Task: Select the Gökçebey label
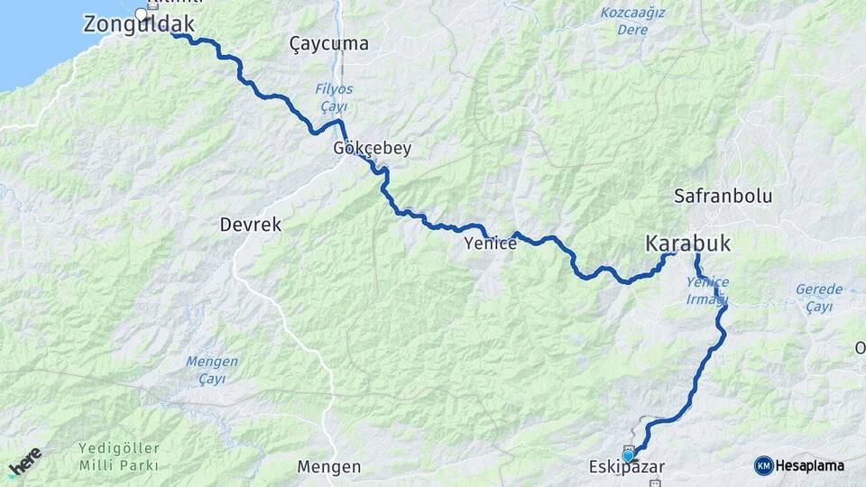372,149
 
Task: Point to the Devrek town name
250,225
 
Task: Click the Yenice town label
490,243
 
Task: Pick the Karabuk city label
687,243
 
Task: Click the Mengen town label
329,467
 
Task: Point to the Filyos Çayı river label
334,97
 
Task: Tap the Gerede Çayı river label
819,298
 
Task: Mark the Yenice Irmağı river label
706,290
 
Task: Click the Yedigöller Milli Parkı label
118,456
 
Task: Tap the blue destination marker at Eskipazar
628,455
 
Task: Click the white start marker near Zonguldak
141,14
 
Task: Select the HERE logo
24,461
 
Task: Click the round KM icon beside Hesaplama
763,465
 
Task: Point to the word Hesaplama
810,465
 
